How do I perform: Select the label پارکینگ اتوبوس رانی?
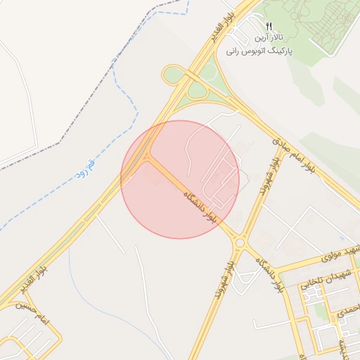(x=259, y=51)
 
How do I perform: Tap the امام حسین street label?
(x=35, y=314)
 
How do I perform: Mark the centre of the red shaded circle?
(x=180, y=179)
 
